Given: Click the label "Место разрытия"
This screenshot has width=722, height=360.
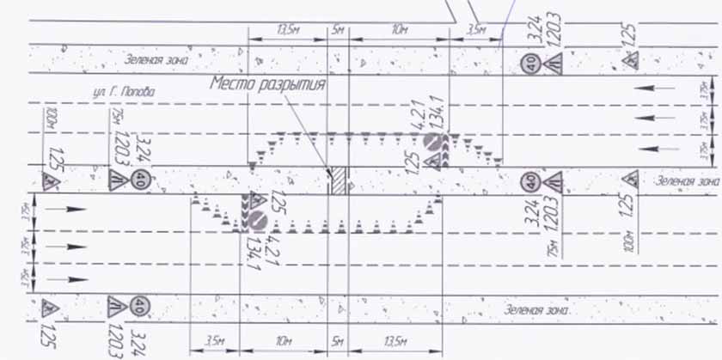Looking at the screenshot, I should pyautogui.click(x=267, y=84).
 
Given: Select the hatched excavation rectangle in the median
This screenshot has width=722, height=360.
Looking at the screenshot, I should pyautogui.click(x=340, y=180).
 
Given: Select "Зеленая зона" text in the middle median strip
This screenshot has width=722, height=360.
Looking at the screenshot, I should pyautogui.click(x=685, y=181).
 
